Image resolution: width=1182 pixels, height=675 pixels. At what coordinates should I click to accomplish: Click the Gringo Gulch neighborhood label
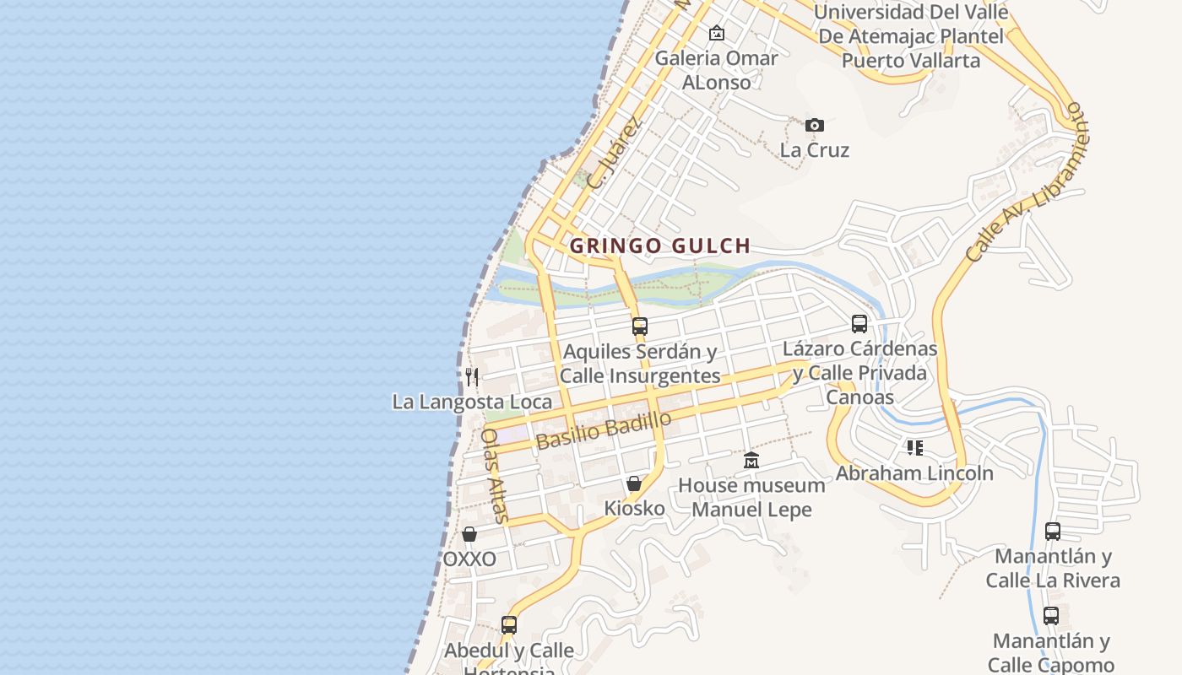659,246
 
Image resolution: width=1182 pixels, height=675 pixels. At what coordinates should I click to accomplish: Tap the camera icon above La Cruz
814,125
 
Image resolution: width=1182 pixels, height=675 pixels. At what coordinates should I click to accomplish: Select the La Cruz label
814,150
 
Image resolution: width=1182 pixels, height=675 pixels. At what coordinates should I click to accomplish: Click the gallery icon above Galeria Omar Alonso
717,33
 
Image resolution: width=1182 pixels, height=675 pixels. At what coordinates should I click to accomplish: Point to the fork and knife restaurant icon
472,376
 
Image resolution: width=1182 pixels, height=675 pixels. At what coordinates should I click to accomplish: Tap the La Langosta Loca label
472,402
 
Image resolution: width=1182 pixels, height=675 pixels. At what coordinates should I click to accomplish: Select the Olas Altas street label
494,475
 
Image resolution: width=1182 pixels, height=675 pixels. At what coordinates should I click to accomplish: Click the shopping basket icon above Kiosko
634,483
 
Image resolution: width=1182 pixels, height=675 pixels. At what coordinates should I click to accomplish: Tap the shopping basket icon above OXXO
469,534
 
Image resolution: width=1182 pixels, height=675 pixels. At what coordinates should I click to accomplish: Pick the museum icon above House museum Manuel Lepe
751,460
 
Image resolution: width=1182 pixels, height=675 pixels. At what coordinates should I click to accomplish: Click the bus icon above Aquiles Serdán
640,326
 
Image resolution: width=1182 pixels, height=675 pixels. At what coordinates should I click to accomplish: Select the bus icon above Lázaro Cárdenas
859,323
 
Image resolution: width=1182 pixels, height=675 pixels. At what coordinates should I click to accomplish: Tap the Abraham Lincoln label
914,473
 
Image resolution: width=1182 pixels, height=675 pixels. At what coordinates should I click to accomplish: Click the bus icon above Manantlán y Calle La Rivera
1052,531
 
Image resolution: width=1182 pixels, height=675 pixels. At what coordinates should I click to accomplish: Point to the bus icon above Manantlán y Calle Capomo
1050,615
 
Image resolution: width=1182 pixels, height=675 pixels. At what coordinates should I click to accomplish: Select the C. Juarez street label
614,153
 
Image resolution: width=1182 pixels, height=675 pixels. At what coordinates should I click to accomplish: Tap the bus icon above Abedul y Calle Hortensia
508,624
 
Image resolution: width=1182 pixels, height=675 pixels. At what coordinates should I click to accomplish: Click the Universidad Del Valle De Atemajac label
911,36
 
